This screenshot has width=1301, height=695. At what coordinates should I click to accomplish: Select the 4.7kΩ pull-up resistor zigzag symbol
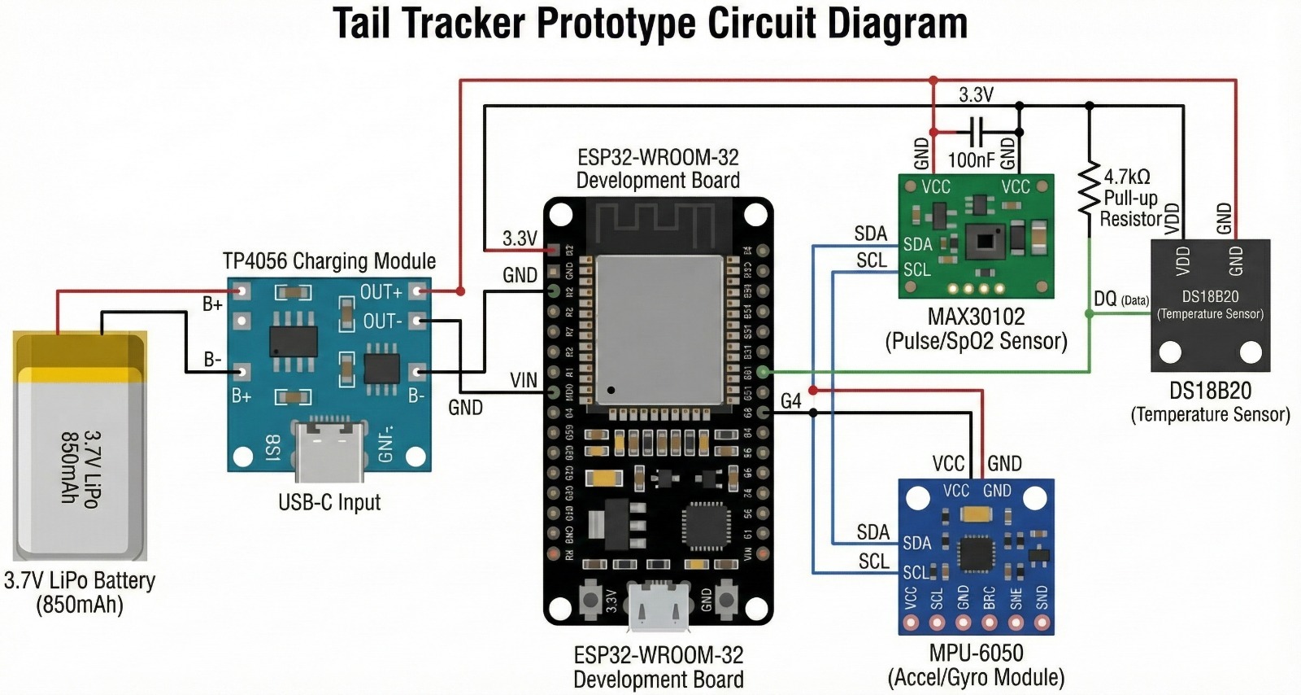point(1089,190)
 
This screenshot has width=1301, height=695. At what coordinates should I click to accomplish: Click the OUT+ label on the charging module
point(381,291)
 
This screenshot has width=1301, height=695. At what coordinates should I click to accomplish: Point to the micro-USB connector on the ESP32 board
point(658,605)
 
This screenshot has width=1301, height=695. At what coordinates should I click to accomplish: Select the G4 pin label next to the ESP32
point(790,400)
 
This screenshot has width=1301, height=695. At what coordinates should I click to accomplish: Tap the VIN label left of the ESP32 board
point(524,380)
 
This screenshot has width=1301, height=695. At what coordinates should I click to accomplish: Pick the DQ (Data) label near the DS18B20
point(1120,299)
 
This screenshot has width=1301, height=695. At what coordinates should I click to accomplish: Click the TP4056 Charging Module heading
point(329,261)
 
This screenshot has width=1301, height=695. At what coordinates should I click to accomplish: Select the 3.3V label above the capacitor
point(976,95)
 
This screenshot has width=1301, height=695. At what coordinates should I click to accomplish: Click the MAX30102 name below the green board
point(976,317)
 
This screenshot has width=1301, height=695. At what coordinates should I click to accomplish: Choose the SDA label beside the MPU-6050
point(873,532)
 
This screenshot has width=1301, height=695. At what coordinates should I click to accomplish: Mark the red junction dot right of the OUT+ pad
point(460,291)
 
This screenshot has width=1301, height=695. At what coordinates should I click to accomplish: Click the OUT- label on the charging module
point(382,321)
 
